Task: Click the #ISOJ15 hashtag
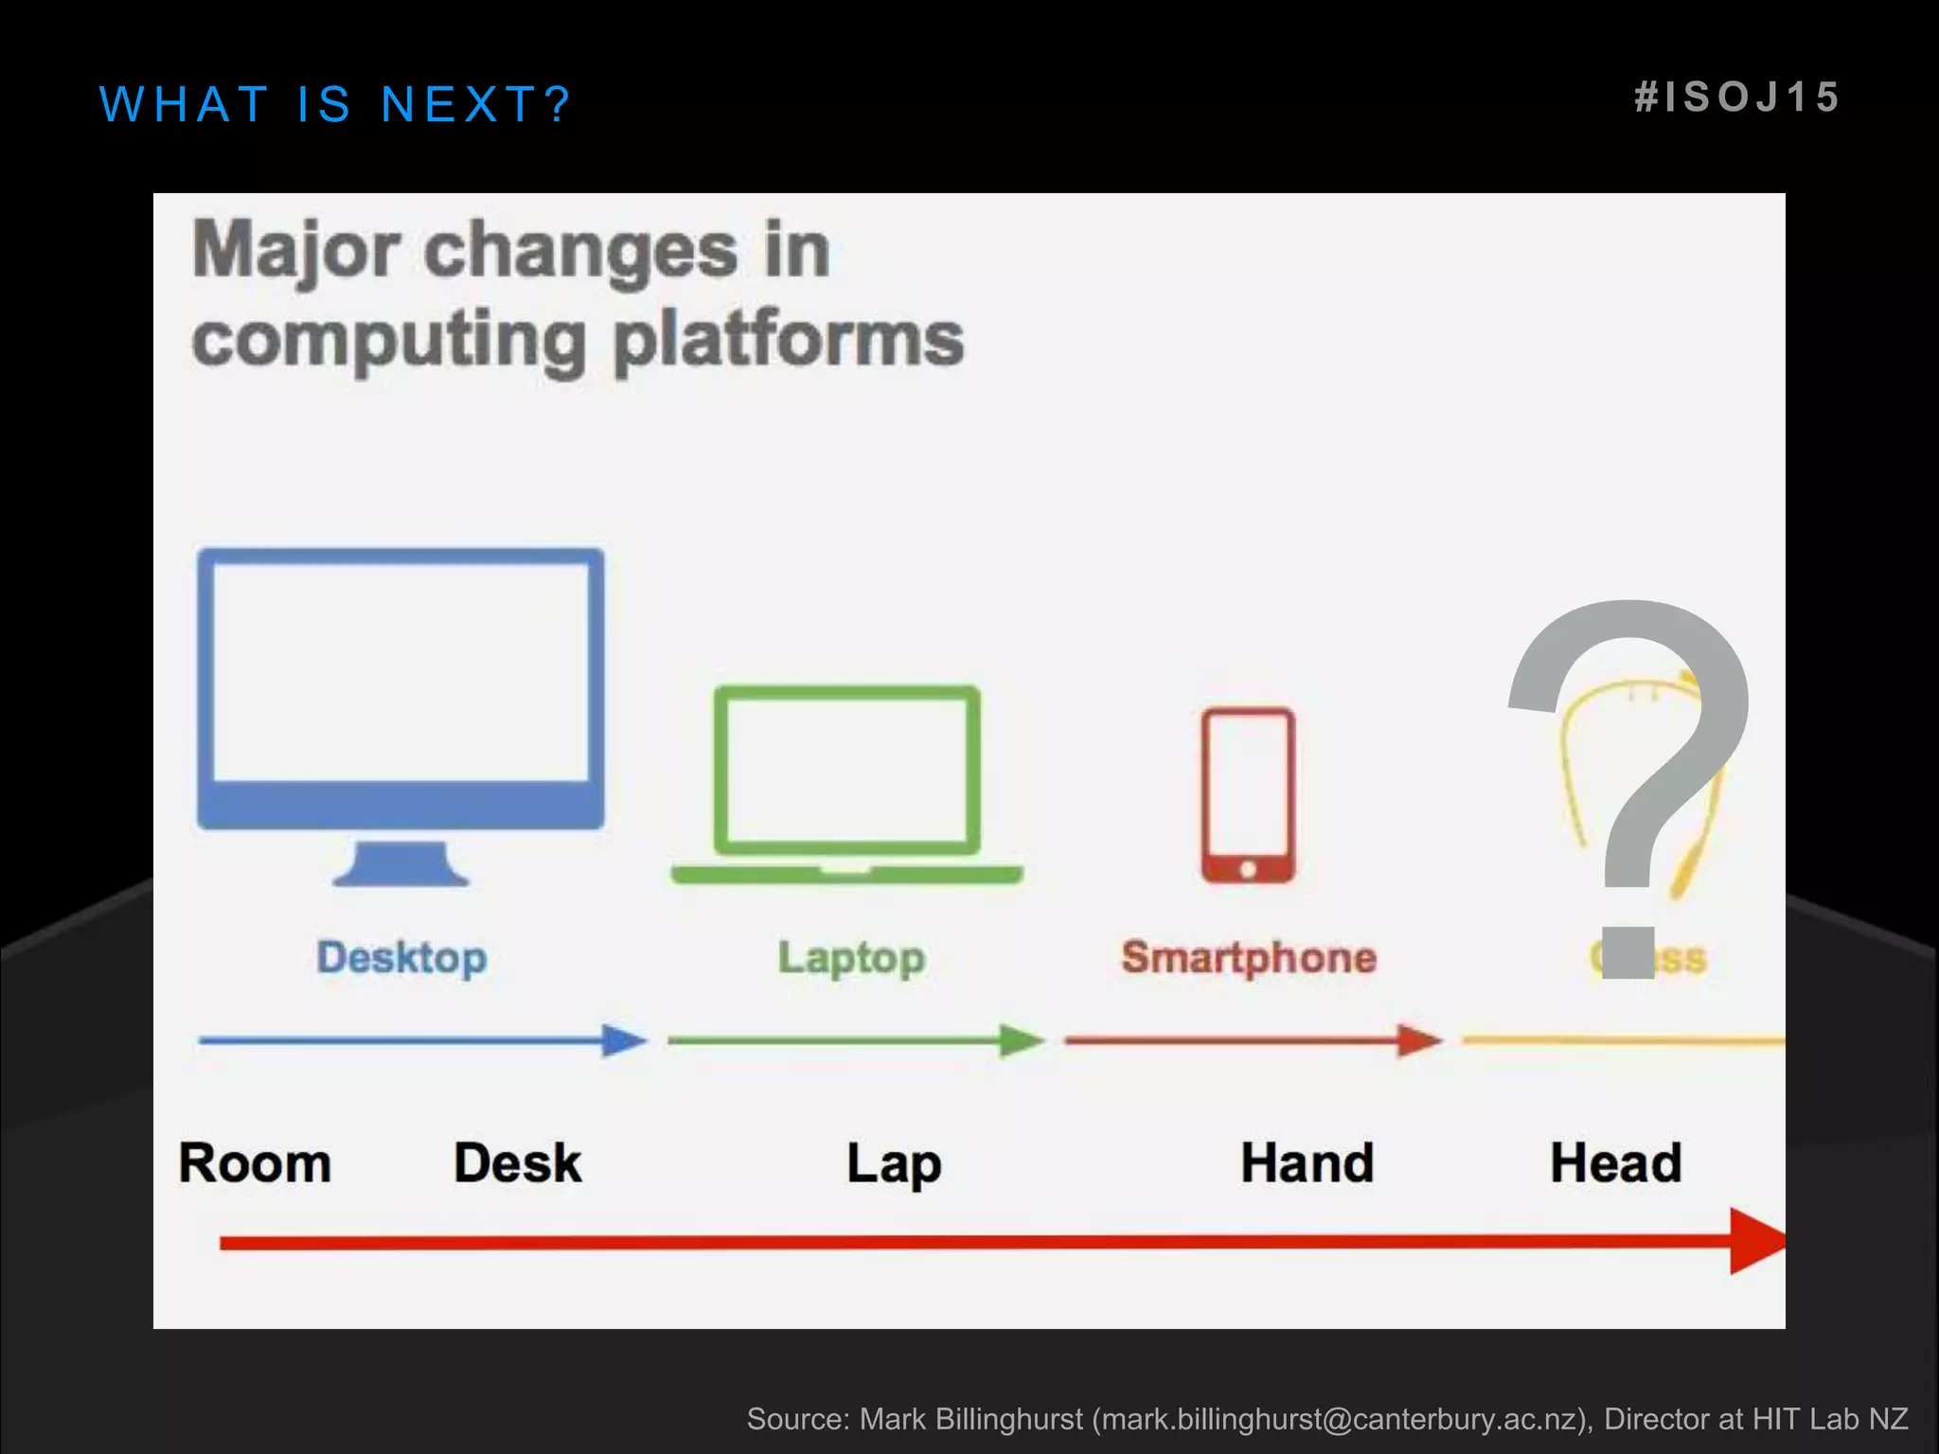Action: pyautogui.click(x=1737, y=98)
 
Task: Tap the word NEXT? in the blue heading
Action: pyautogui.click(x=476, y=104)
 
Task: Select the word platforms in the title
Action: pyautogui.click(x=788, y=340)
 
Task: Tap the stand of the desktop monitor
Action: pyautogui.click(x=401, y=863)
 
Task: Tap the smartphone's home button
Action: pyautogui.click(x=1248, y=869)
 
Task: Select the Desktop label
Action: pyautogui.click(x=401, y=958)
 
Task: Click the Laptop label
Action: pyautogui.click(x=851, y=958)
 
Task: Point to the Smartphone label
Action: pyautogui.click(x=1249, y=958)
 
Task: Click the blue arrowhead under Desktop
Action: pyautogui.click(x=625, y=1040)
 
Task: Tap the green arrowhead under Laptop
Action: pyautogui.click(x=1022, y=1040)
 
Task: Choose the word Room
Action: pyautogui.click(x=255, y=1163)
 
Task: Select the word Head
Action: pyautogui.click(x=1615, y=1163)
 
